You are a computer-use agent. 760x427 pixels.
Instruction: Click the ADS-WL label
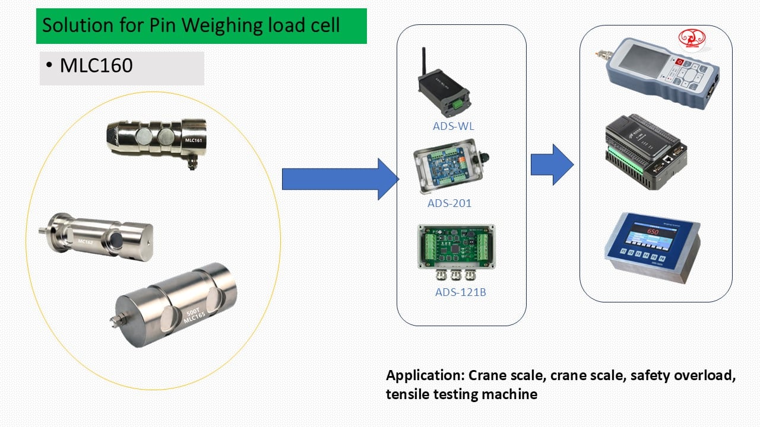pos(453,126)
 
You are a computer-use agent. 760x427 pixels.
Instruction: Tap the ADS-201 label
pos(449,203)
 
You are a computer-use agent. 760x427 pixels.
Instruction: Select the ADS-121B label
pos(460,292)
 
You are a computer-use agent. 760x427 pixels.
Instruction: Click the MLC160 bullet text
pos(96,66)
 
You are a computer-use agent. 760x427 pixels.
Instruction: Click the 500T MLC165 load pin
pos(176,304)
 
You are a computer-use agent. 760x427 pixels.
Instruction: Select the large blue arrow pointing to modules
pos(338,179)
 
